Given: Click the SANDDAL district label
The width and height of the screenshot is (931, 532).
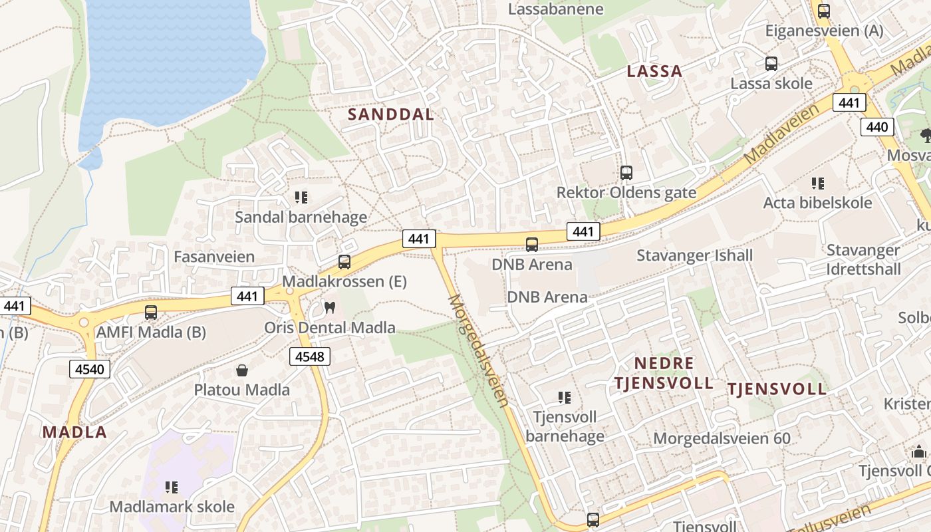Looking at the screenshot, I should pyautogui.click(x=391, y=114).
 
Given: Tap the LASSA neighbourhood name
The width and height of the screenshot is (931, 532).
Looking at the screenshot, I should pyautogui.click(x=655, y=71).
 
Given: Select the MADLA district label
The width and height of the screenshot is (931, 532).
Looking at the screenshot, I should pyautogui.click(x=74, y=432).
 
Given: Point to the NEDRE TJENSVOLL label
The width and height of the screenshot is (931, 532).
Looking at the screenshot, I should pyautogui.click(x=664, y=373).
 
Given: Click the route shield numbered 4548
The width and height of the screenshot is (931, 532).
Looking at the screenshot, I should pyautogui.click(x=310, y=356).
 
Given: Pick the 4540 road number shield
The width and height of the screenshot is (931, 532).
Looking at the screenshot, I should pyautogui.click(x=90, y=368).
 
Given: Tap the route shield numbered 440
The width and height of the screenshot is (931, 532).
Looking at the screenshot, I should pyautogui.click(x=877, y=126).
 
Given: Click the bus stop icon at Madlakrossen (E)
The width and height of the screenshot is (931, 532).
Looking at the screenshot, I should pyautogui.click(x=344, y=262).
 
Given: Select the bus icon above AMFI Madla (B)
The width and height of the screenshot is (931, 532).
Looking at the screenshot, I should pyautogui.click(x=151, y=313).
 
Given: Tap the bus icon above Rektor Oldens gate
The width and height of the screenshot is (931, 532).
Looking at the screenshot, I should pyautogui.click(x=626, y=173).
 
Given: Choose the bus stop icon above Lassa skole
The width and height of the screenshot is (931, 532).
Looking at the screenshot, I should pyautogui.click(x=771, y=64).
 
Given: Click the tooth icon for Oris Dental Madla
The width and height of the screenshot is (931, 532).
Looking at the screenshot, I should pyautogui.click(x=329, y=308).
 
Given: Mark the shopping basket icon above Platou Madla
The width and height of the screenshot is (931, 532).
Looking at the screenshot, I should pyautogui.click(x=242, y=370).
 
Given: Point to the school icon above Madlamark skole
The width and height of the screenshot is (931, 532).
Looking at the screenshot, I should pyautogui.click(x=172, y=487).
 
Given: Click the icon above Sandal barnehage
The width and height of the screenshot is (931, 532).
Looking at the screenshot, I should pyautogui.click(x=301, y=197).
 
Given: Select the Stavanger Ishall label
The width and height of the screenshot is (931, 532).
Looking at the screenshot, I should pyautogui.click(x=695, y=255).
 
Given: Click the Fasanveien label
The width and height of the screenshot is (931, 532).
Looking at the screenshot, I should pyautogui.click(x=214, y=257).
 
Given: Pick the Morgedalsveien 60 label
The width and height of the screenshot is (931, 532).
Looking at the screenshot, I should pyautogui.click(x=722, y=438).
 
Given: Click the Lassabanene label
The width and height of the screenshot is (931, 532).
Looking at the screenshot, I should pyautogui.click(x=556, y=9).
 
